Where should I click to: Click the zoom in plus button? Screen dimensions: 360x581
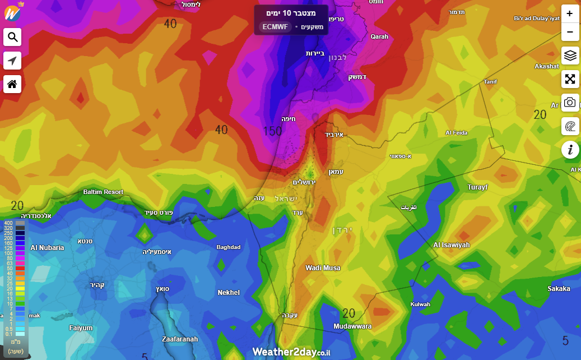(x=570, y=13)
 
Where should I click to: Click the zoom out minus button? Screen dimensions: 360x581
(x=570, y=32)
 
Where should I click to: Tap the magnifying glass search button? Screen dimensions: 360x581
(x=12, y=37)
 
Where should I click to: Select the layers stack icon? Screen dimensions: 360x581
(x=570, y=56)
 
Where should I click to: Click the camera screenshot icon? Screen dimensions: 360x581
(x=570, y=102)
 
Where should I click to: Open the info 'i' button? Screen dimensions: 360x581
(x=570, y=149)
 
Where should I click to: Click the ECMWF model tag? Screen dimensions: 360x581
(x=275, y=27)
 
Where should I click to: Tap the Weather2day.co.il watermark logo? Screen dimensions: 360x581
(x=291, y=352)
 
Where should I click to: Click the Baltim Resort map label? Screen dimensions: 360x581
(x=103, y=192)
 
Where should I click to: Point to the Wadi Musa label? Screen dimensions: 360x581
(x=323, y=268)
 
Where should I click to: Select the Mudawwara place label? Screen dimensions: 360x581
(x=352, y=326)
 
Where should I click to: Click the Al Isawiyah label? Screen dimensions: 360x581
(x=452, y=245)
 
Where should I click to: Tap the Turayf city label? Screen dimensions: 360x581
(x=478, y=187)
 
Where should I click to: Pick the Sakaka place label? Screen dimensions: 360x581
(x=559, y=289)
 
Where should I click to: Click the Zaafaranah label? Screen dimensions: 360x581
(x=179, y=339)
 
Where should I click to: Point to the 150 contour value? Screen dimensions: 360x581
(x=272, y=131)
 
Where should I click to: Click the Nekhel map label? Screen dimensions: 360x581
(x=229, y=293)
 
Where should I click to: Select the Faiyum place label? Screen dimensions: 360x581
(x=81, y=328)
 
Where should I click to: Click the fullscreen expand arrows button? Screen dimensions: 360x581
(x=570, y=79)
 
